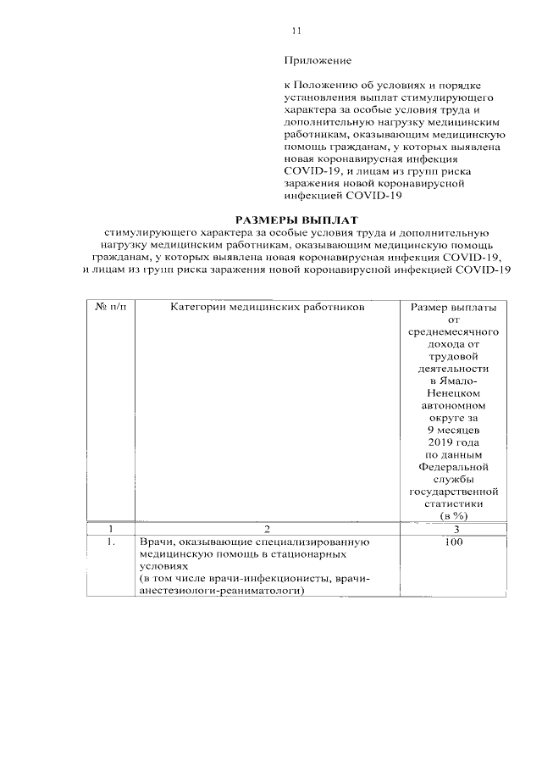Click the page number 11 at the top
coord(296,31)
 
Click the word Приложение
coord(317,61)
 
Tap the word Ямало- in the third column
coord(453,386)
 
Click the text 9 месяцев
coord(453,431)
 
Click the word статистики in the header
coord(453,504)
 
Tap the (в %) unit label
coord(453,516)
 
